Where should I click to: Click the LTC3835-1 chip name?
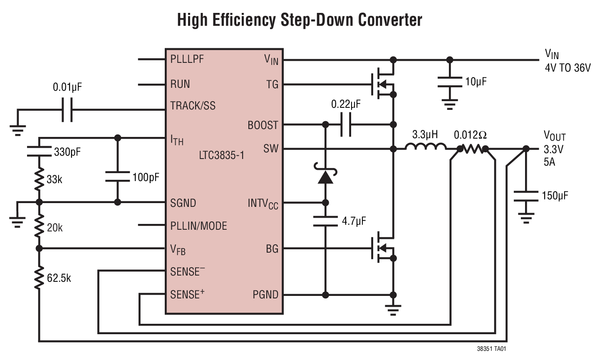[x=221, y=156]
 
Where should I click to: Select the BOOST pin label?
[x=263, y=125]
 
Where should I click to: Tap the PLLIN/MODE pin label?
[x=198, y=226]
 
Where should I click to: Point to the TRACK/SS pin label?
[x=193, y=106]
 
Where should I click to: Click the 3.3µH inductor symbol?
[x=425, y=146]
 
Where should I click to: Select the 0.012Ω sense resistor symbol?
[x=473, y=149]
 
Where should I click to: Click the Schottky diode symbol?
[x=325, y=176]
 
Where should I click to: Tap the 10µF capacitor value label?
[x=476, y=82]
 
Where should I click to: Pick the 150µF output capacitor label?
[x=555, y=195]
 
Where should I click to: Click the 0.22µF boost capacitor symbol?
[x=345, y=124]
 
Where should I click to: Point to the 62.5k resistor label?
[x=59, y=278]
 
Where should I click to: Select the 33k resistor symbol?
[x=39, y=179]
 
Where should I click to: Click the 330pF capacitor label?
[x=67, y=152]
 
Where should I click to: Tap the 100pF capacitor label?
[x=146, y=177]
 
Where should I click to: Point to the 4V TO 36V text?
[x=567, y=68]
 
